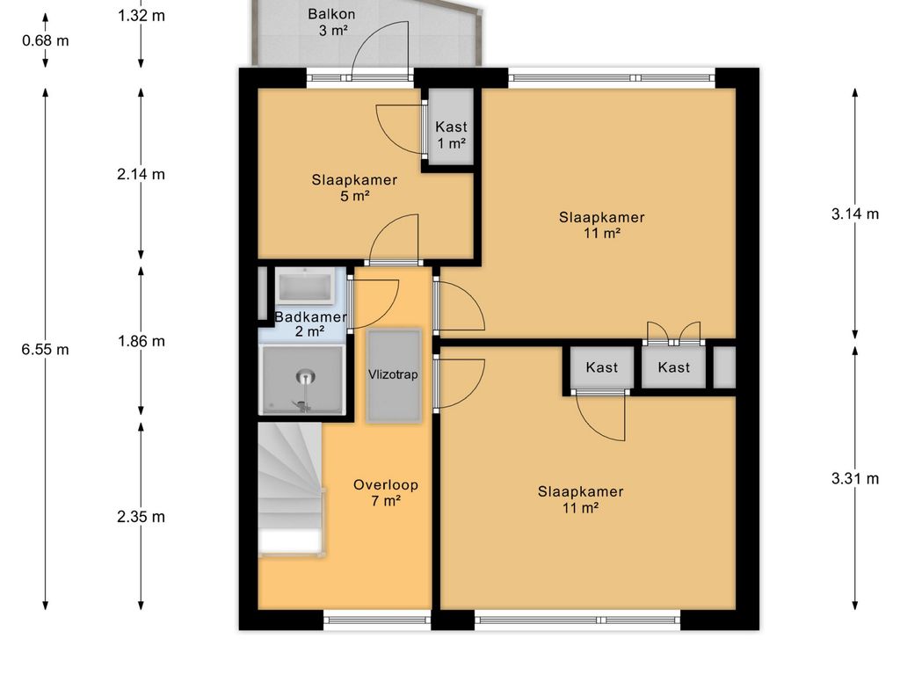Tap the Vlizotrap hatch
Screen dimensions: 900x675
[394, 375]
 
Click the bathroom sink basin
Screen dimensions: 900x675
[304, 287]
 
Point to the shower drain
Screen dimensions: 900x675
[305, 378]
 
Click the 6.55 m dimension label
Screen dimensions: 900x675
[46, 349]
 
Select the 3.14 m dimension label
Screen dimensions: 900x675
[854, 214]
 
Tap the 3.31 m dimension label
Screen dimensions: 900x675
[854, 478]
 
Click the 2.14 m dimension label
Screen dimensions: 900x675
[142, 174]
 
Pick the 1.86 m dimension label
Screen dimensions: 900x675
[142, 341]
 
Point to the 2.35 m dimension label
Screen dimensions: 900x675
[142, 517]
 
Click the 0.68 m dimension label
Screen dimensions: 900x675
[46, 40]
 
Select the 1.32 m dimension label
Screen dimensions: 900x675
[142, 16]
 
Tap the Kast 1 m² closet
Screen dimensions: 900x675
[451, 127]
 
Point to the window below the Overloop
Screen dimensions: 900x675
[377, 620]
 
